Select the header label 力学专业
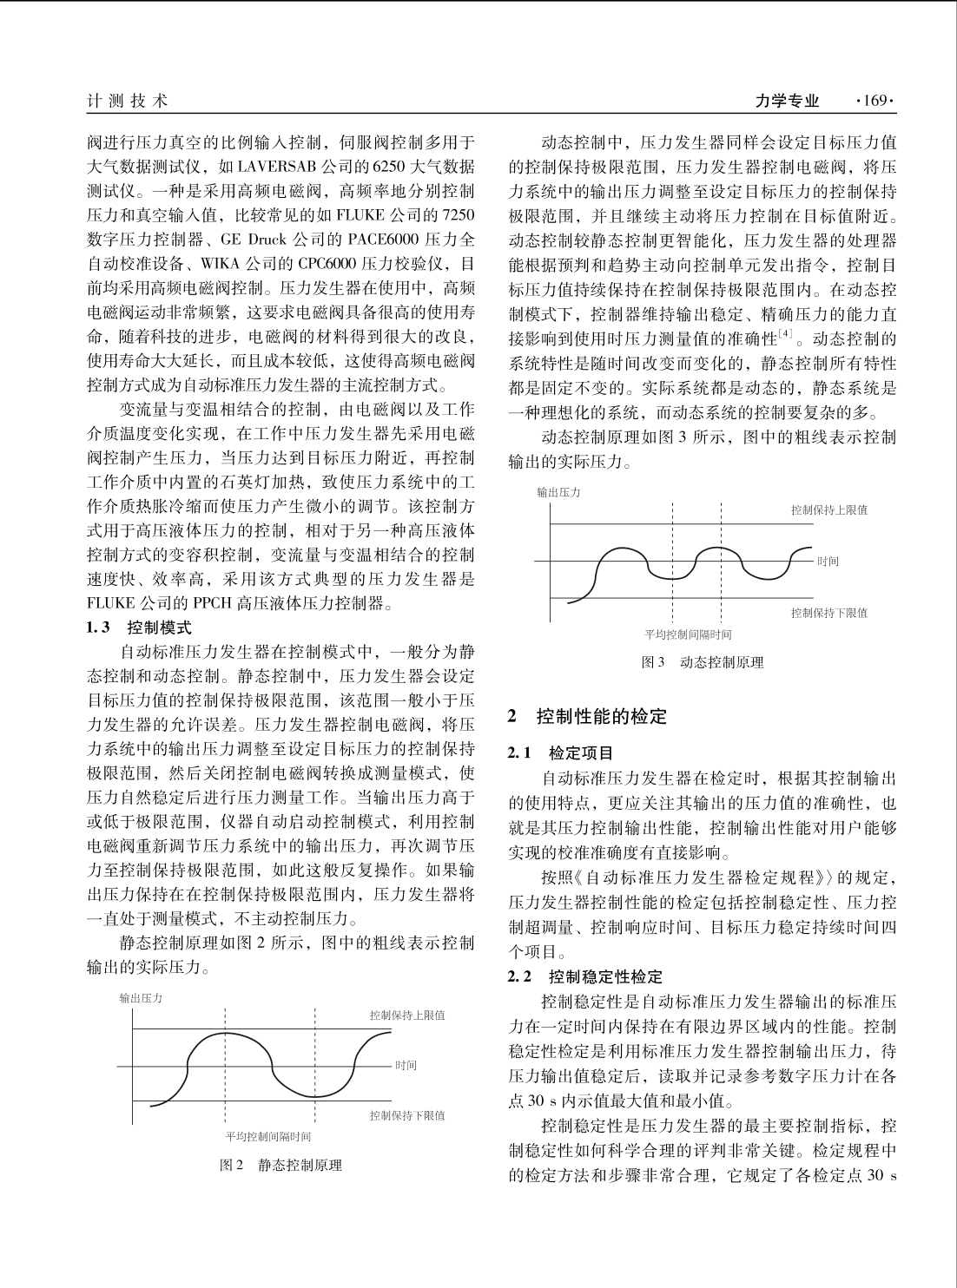(x=787, y=102)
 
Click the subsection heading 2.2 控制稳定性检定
(x=585, y=976)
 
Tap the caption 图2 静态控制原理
(x=280, y=1165)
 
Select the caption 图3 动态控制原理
(x=702, y=662)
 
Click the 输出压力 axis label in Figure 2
(x=141, y=998)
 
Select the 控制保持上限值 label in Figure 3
(x=828, y=510)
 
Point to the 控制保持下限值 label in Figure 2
(x=406, y=1115)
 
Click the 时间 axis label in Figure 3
(x=828, y=562)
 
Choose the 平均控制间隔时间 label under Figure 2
(x=267, y=1136)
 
